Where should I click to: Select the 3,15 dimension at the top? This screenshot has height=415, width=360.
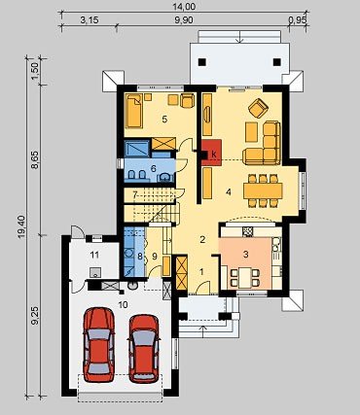tap(90, 20)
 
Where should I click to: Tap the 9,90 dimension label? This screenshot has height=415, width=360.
tap(184, 20)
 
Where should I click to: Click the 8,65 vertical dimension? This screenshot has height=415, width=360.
tap(35, 159)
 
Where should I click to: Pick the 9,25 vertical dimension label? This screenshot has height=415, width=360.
tap(35, 316)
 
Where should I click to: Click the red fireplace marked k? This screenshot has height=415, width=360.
tap(212, 153)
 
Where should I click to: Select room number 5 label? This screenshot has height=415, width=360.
tap(164, 120)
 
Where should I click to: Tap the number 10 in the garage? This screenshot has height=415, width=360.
tap(124, 304)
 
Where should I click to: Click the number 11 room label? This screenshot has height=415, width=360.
tap(94, 255)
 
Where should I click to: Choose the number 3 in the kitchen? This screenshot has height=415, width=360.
tap(246, 255)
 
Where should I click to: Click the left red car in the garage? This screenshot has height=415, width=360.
tap(99, 344)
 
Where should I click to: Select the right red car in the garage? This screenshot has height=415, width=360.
tap(144, 348)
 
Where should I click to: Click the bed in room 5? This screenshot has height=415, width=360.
tap(134, 111)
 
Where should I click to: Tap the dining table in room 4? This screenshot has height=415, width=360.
tap(263, 190)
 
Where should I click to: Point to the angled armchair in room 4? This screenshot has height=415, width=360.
tap(259, 108)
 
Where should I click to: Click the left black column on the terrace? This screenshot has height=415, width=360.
tap(202, 62)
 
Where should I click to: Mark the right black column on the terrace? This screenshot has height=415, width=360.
tap(277, 62)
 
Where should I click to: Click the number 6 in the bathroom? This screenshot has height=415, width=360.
tap(154, 168)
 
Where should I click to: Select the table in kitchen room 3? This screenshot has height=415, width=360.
tap(245, 278)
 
